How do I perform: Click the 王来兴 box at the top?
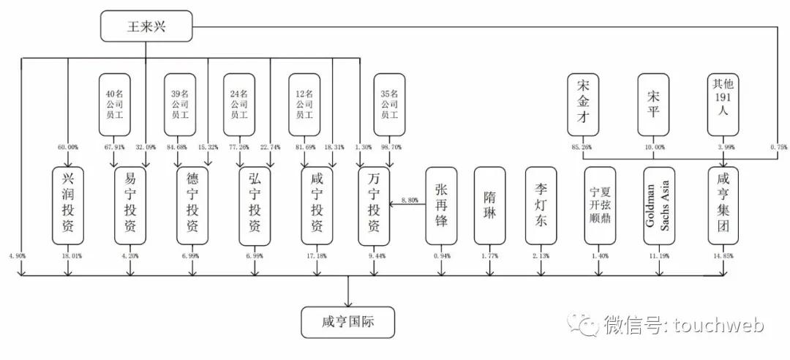coord(146,27)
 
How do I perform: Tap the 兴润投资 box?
coord(68,206)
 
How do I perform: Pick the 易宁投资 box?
coord(130,206)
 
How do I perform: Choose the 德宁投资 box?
coord(192,206)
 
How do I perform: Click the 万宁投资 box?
coord(373,206)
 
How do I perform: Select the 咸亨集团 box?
coord(723,206)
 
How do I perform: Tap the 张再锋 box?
coord(441,206)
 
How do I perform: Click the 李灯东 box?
coord(541,206)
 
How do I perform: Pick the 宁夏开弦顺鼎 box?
coord(599,206)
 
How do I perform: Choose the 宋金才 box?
coord(584,105)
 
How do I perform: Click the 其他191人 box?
coord(723,105)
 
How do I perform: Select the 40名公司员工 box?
coord(115,105)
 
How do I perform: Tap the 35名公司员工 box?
coord(389,105)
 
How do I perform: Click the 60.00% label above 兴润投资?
coord(68,147)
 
